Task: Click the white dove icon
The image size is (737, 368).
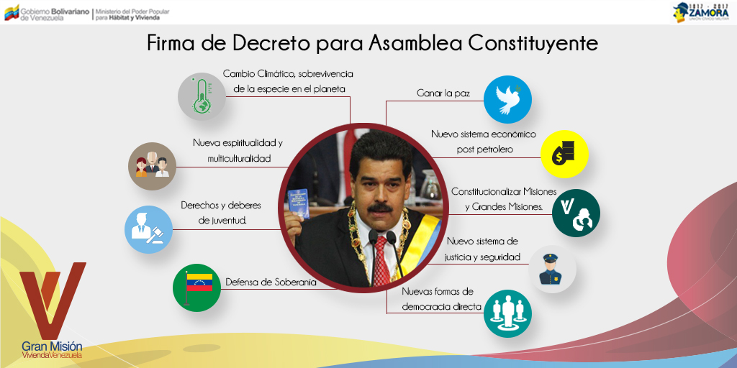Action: pyautogui.click(x=507, y=99)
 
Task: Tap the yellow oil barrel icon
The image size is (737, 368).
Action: pyautogui.click(x=564, y=154)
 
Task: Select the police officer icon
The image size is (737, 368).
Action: pyautogui.click(x=552, y=270)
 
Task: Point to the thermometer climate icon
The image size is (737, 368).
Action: pyautogui.click(x=202, y=96)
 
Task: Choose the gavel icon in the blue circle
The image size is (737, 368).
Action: pyautogui.click(x=148, y=229)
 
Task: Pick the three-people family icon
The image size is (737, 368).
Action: pyautogui.click(x=153, y=166)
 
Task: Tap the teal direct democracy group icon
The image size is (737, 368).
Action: pyautogui.click(x=507, y=313)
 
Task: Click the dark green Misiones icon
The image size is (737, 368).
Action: pyautogui.click(x=576, y=213)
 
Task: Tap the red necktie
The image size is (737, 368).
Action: pyautogui.click(x=381, y=262)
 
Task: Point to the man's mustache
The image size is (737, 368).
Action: pyautogui.click(x=380, y=208)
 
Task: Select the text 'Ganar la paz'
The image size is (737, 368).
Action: pyautogui.click(x=443, y=93)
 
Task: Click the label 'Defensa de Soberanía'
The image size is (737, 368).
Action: pyautogui.click(x=271, y=282)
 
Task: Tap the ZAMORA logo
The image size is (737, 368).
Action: pyautogui.click(x=701, y=12)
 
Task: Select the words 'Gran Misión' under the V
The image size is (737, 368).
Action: pyautogui.click(x=52, y=346)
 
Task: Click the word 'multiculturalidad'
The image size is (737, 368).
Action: pyautogui.click(x=239, y=159)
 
